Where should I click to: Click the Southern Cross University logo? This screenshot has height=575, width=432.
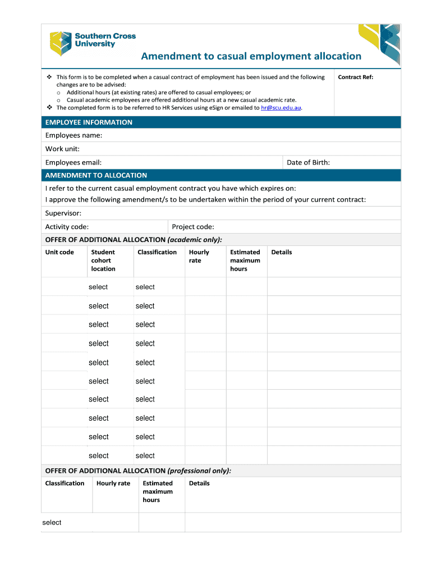point(93,43)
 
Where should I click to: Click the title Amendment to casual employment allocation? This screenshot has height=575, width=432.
point(251,56)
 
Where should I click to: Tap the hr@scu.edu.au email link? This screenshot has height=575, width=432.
point(281,108)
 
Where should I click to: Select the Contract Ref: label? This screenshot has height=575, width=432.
point(355,77)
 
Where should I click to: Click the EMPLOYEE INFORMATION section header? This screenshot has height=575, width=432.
point(89,122)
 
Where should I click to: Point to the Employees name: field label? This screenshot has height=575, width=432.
point(73,136)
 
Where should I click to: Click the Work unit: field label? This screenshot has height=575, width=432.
point(62,149)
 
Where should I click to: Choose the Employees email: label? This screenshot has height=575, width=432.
point(73,162)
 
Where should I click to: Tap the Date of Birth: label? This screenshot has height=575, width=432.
point(308,162)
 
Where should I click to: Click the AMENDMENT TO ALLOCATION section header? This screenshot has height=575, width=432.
point(96,175)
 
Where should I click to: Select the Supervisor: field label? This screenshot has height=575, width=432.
point(63,213)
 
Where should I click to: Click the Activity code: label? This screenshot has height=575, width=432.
point(67,227)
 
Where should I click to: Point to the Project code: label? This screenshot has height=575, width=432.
point(193,227)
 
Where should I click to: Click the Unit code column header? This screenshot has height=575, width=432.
point(59,252)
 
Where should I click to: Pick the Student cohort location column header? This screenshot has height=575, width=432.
point(103,261)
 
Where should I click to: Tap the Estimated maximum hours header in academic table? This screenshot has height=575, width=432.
point(245,261)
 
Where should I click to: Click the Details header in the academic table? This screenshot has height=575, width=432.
point(282,252)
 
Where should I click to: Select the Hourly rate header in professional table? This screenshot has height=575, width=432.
point(113,483)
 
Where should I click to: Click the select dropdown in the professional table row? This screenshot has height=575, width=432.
point(52,523)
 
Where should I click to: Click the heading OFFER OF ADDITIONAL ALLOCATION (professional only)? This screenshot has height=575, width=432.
point(138,471)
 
